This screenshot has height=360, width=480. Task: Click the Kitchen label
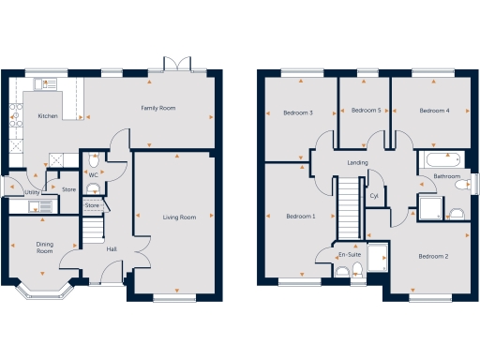pyautogui.click(x=49, y=116)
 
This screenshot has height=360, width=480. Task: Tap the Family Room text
pyautogui.click(x=158, y=109)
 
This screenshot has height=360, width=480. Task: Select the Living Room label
pyautogui.click(x=179, y=217)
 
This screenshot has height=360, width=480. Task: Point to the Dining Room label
pyautogui.click(x=44, y=247)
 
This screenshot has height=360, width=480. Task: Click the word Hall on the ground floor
pyautogui.click(x=112, y=248)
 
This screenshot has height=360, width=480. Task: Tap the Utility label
pyautogui.click(x=19, y=192)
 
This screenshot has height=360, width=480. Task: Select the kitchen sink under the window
pyautogui.click(x=41, y=83)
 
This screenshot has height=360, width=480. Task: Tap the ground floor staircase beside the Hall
pyautogui.click(x=93, y=229)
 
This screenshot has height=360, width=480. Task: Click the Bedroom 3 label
pyautogui.click(x=297, y=112)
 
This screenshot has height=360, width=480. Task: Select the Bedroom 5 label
pyautogui.click(x=365, y=111)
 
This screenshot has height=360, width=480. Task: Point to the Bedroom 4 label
pyautogui.click(x=434, y=111)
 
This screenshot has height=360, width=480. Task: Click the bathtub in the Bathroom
pyautogui.click(x=440, y=157)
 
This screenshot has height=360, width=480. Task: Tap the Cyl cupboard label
pyautogui.click(x=373, y=196)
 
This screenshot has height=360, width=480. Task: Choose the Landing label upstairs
pyautogui.click(x=357, y=163)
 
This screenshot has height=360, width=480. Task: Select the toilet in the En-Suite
pyautogui.click(x=343, y=272)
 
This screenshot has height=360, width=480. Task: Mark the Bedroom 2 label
pyautogui.click(x=433, y=256)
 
